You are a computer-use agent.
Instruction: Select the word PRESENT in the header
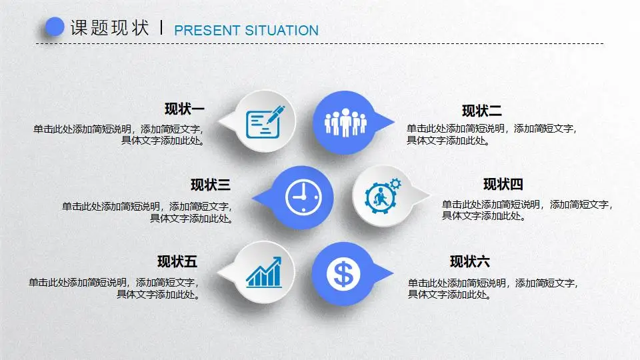point(206,31)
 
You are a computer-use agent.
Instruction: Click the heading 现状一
point(185,109)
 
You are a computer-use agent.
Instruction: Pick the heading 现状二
point(482,111)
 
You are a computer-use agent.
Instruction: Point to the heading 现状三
point(211,185)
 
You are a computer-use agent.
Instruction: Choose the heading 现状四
point(503,185)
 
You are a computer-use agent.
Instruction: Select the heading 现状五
point(177,261)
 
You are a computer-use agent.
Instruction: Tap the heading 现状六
point(470,261)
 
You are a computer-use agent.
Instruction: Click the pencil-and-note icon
point(265,122)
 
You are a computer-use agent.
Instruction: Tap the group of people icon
point(345,123)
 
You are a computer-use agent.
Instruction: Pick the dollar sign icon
point(343,273)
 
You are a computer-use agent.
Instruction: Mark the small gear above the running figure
point(395,183)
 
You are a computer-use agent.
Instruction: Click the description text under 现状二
point(491,135)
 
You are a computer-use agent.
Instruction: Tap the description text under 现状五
point(113,288)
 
